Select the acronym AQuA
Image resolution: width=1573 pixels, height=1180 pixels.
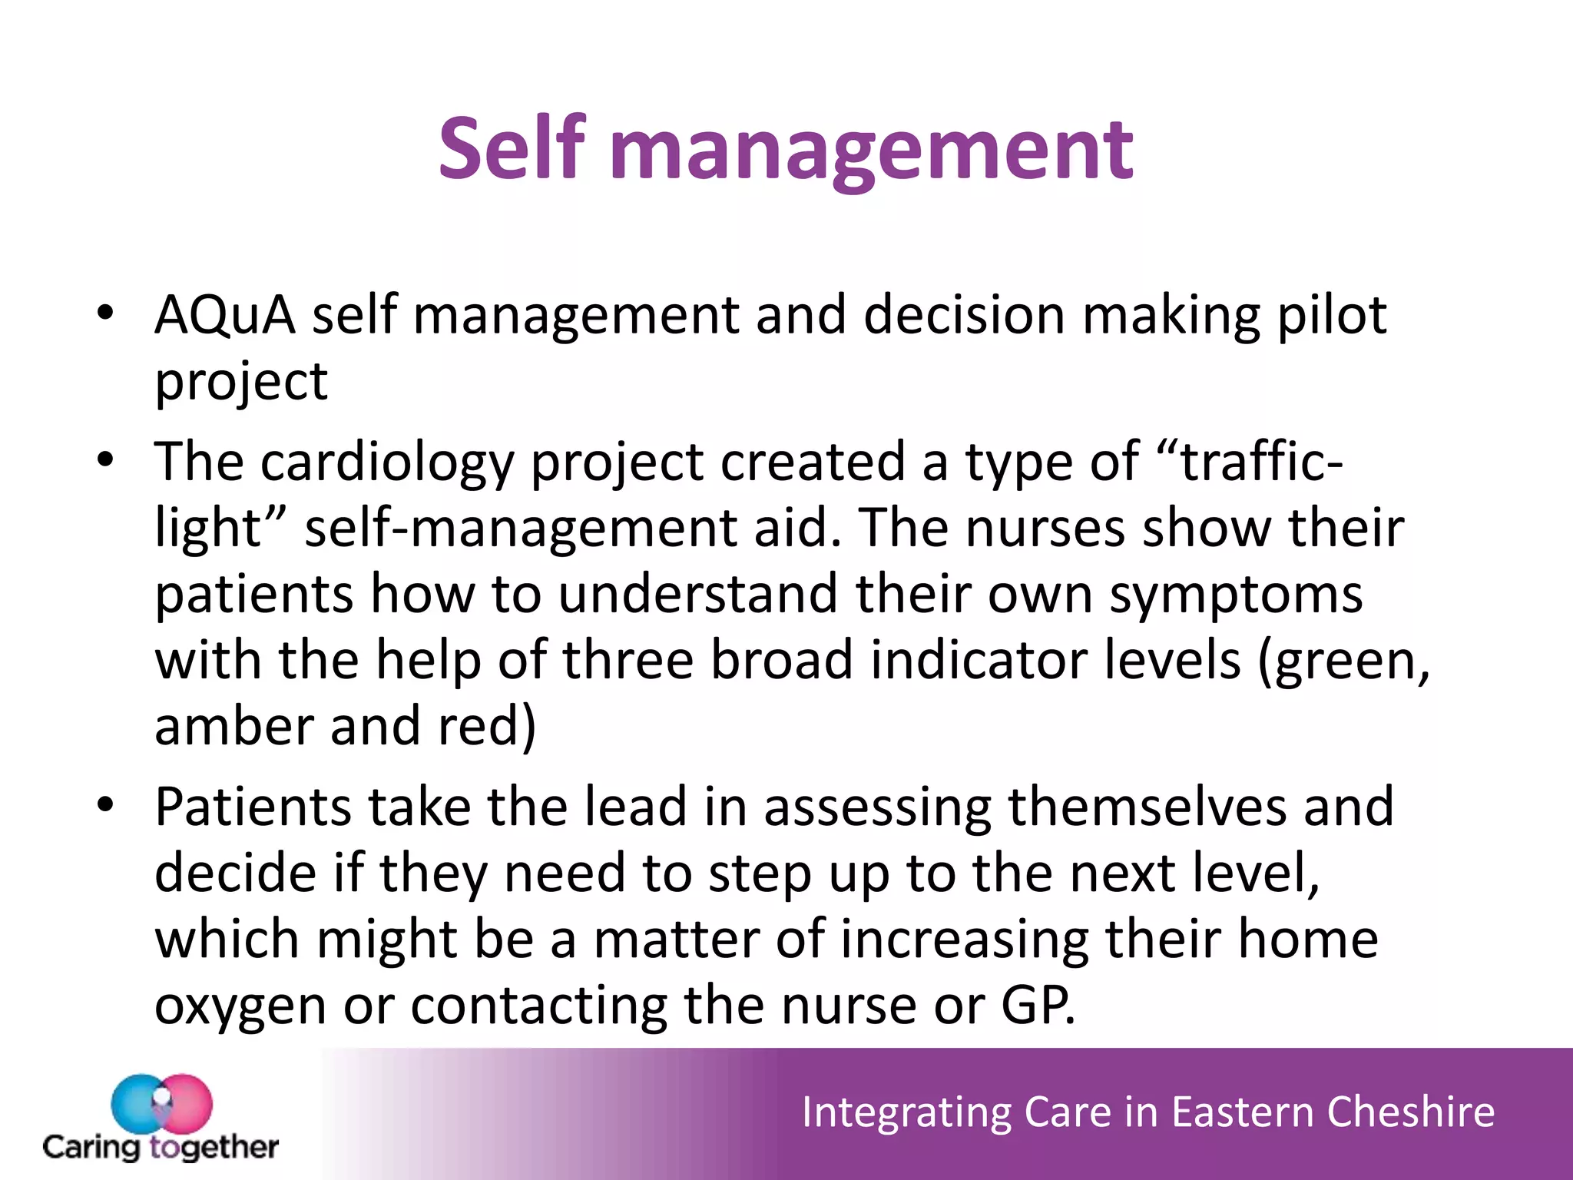click(225, 315)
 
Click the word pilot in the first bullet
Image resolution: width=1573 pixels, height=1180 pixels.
click(1331, 315)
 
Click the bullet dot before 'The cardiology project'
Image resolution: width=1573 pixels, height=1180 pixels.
click(105, 460)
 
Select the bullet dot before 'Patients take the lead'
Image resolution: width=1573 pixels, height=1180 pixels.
click(105, 805)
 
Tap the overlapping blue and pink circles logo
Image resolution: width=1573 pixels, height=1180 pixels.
click(161, 1104)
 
